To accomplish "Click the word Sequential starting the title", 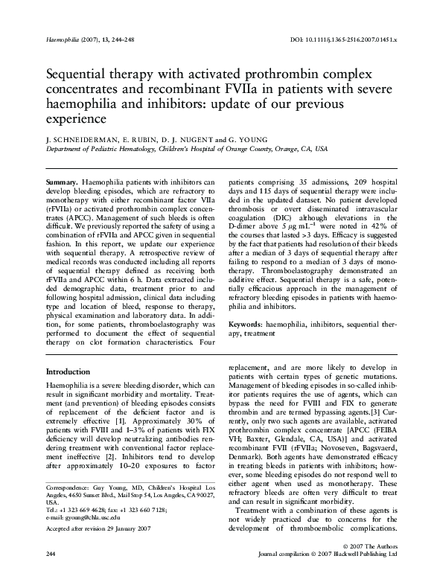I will pyautogui.click(x=78, y=77).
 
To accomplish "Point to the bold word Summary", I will pyautogui.click(x=62, y=182).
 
